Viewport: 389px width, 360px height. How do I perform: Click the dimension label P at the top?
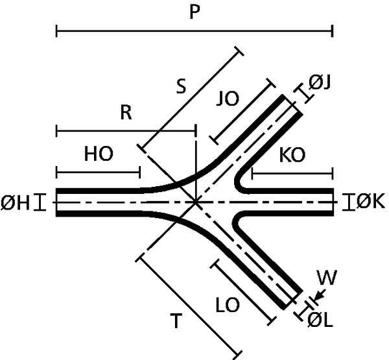[194, 12]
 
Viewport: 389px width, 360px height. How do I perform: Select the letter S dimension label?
[181, 86]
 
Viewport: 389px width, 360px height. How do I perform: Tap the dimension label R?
[126, 112]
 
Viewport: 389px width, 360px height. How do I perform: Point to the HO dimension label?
[99, 154]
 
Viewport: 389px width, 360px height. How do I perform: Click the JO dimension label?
[228, 99]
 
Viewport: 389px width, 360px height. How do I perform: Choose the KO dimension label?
[292, 155]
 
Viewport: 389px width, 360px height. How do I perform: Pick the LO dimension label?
[228, 305]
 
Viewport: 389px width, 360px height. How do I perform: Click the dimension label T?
[176, 320]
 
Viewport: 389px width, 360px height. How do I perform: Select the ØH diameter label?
[16, 202]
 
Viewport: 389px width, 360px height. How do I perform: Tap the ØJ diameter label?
[320, 82]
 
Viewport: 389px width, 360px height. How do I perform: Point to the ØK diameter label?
[370, 201]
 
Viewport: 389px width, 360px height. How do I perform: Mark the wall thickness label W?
[327, 278]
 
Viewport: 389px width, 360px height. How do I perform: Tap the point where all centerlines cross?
[196, 202]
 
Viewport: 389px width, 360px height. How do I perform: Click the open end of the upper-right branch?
[292, 104]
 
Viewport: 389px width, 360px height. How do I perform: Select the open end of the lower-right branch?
[293, 300]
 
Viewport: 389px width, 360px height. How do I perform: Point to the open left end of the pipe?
[56, 202]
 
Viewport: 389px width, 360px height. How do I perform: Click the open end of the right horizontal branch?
[333, 202]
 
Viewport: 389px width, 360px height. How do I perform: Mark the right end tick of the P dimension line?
[332, 31]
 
